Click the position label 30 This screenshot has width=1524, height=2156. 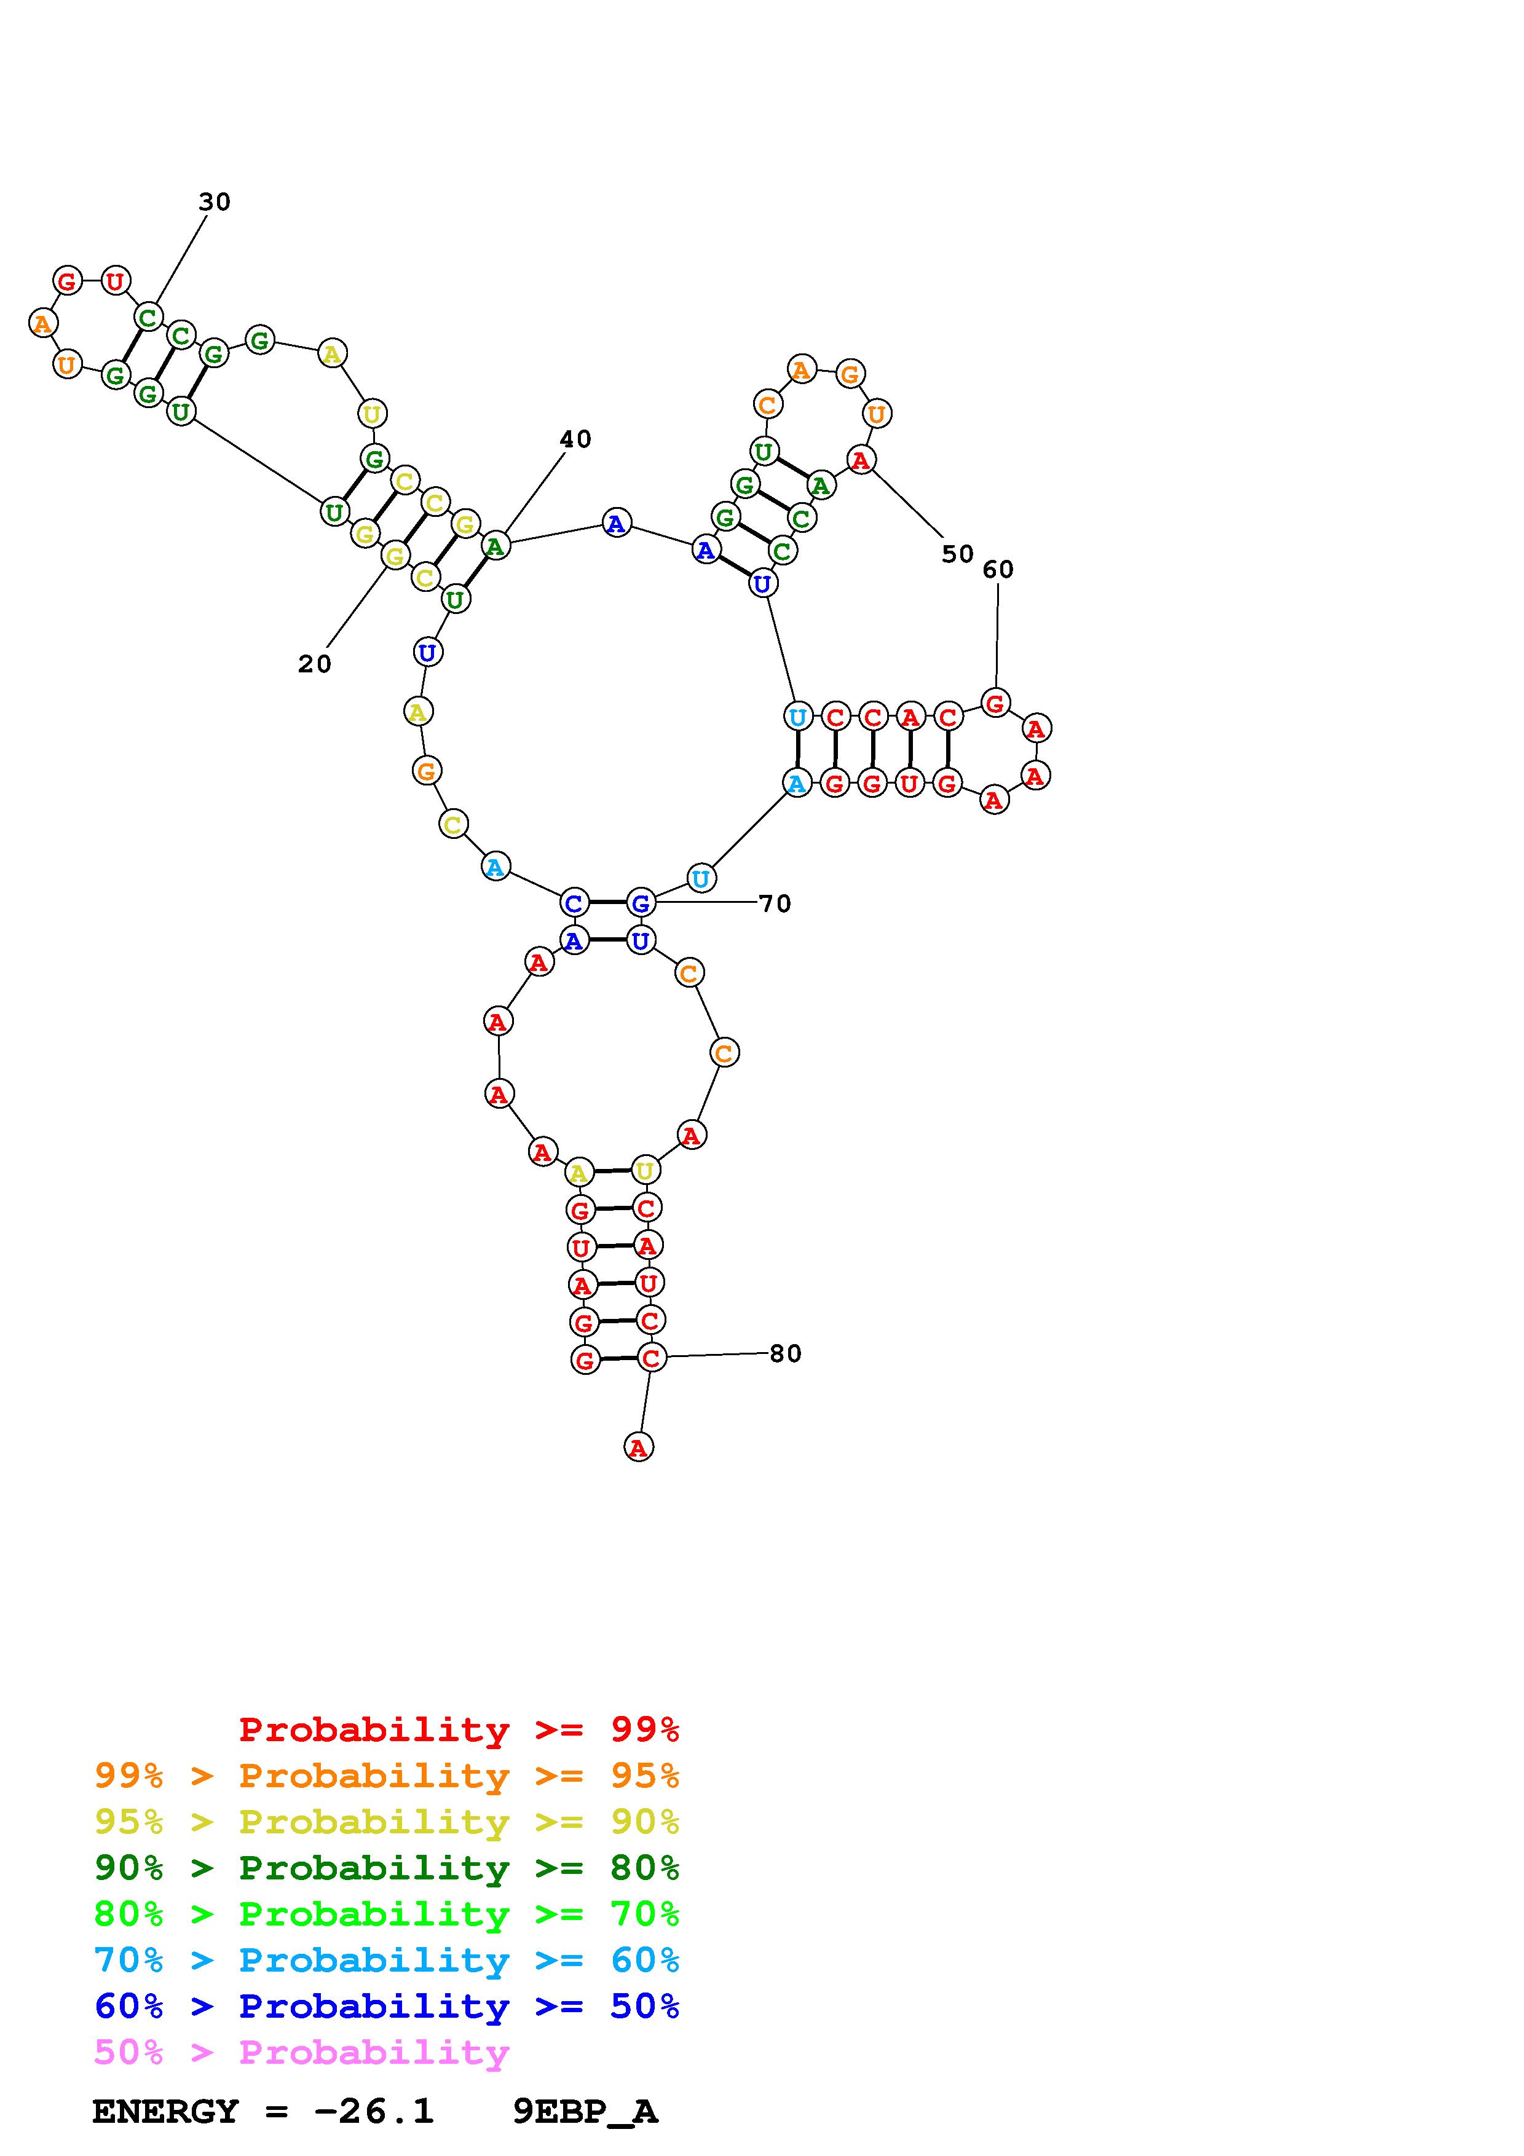pos(214,202)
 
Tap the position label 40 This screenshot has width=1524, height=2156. pos(575,439)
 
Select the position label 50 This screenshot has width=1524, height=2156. pos(958,555)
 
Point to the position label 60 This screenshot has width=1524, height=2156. pos(998,570)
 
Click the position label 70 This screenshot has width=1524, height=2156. pos(775,904)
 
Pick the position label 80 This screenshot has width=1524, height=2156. pos(786,1354)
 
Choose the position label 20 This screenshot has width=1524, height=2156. pos(315,665)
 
